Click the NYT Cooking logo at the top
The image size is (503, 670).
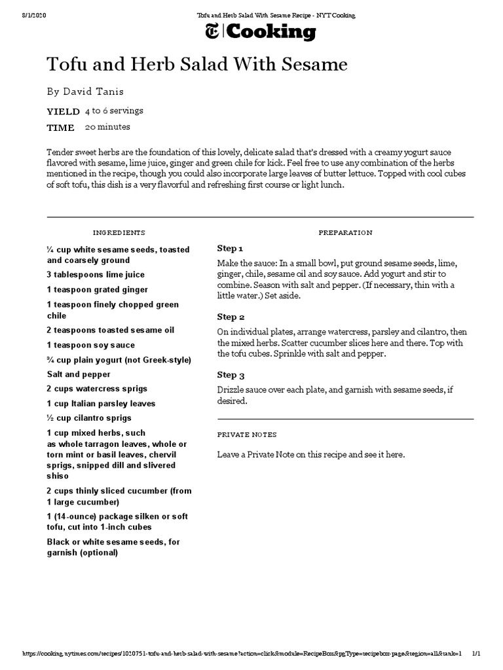[x=261, y=31]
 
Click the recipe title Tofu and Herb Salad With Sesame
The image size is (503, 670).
[x=196, y=64]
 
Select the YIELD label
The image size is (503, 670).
[x=64, y=111]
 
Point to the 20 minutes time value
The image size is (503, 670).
[x=107, y=127]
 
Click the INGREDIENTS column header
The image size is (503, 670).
[x=119, y=232]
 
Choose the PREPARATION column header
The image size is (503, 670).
[x=345, y=232]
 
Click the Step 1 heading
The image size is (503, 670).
[x=230, y=249]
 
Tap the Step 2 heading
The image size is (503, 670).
[x=231, y=317]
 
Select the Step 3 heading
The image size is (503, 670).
[x=231, y=375]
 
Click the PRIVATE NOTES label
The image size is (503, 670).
[x=247, y=434]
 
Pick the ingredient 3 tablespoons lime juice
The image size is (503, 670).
[x=96, y=275]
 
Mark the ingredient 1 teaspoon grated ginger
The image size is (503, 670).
[x=98, y=289]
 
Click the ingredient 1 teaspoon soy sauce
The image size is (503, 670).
[x=91, y=345]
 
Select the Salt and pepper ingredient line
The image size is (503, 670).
[x=79, y=374]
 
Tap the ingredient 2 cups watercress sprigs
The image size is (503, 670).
[x=97, y=389]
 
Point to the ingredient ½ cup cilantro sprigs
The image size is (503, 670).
[x=89, y=418]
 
